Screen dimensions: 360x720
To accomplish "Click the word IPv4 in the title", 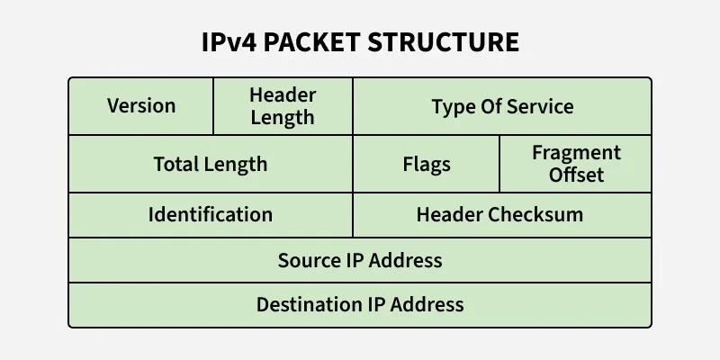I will pos(229,42).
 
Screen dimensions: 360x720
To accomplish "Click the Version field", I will pos(141,106).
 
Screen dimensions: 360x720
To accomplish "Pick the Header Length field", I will pos(282,106).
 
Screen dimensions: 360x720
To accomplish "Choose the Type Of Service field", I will pos(502,106).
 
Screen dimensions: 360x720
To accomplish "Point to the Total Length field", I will pos(211,164).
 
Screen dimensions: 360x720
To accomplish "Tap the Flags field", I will pos(426,165).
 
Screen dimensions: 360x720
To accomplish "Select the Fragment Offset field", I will pos(576,164).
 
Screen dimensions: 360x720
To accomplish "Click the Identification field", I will pos(211,215).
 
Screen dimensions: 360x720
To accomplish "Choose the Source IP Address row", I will pos(360,260).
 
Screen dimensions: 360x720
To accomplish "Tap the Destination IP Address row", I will pos(360,304).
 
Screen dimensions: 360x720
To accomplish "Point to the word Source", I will pos(309,260).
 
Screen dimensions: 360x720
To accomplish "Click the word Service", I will pos(539,106).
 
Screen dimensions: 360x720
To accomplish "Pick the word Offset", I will pos(576,175).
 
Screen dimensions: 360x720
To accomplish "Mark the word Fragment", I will pos(576,153).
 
